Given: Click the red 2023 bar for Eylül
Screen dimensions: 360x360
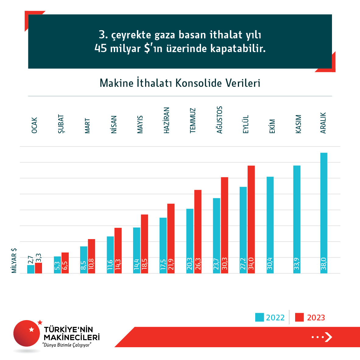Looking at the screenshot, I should (251, 219).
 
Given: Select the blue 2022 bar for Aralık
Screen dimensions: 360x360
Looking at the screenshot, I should (323, 213).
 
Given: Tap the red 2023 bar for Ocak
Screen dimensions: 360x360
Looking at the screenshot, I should (38, 268).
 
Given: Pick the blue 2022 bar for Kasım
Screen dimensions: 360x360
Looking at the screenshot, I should (297, 219).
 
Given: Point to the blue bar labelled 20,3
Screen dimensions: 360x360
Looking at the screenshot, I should (190, 241).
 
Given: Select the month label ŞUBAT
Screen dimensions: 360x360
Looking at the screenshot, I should (61, 124).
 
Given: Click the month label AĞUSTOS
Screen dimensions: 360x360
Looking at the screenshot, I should (220, 120).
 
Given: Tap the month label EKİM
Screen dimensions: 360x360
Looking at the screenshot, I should (272, 126).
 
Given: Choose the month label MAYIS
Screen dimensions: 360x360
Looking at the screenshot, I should (140, 124).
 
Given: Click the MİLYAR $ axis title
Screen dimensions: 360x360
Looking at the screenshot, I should (14, 261).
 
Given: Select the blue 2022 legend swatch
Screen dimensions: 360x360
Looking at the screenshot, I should (259, 317).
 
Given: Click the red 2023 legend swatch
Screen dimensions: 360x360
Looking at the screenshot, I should (300, 317).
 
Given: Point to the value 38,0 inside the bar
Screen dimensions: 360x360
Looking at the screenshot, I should (323, 264).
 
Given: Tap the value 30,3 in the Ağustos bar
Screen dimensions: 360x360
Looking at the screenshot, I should (224, 264).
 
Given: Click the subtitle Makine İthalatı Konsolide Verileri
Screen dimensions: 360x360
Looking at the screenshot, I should (180, 83).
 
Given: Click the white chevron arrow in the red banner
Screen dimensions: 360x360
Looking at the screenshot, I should (328, 337).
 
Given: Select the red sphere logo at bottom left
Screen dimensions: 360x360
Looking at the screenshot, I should (27, 333).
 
